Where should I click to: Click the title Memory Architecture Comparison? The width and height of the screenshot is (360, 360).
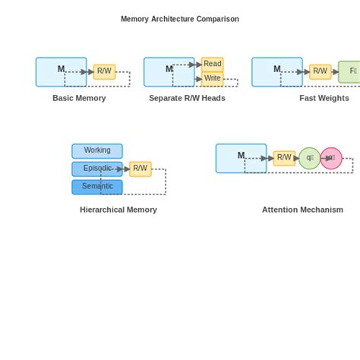(180, 19)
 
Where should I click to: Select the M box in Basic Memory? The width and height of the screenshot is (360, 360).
(61, 71)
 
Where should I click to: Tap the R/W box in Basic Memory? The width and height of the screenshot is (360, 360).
(104, 71)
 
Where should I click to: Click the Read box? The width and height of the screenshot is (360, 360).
(212, 64)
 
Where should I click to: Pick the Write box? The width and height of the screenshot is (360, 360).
(212, 78)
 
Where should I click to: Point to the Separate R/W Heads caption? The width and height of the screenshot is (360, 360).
(187, 98)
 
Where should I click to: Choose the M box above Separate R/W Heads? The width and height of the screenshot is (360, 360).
(169, 71)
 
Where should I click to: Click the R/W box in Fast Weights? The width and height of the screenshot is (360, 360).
(320, 71)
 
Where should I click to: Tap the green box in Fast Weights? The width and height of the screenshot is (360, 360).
(350, 71)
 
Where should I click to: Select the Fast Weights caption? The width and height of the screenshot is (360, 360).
(324, 98)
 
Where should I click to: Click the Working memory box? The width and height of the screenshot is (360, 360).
(97, 150)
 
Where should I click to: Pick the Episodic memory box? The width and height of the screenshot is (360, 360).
(97, 169)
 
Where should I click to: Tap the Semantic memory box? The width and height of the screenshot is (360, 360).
(97, 186)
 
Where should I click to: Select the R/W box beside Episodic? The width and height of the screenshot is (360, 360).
(141, 169)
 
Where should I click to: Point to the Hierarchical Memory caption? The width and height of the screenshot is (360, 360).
(118, 210)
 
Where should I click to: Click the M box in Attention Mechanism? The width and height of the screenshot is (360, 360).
(241, 158)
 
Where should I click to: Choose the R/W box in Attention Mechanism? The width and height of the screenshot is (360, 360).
(284, 158)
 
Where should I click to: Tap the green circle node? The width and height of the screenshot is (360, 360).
(309, 158)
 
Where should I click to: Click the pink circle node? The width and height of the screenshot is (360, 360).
(331, 158)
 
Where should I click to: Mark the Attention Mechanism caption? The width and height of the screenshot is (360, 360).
(302, 210)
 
